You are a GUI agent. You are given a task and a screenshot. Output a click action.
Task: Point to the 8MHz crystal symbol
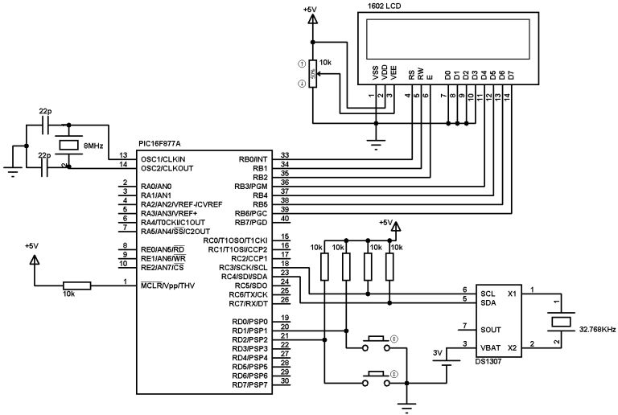tap(69, 145)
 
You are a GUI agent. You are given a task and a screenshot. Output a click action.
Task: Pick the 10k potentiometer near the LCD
tap(315, 75)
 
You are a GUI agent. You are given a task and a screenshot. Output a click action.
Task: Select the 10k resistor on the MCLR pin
tap(77, 284)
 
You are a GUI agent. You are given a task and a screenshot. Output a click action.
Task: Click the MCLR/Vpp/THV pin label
tap(167, 286)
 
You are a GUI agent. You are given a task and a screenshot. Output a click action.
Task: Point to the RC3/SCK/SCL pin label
tap(245, 267)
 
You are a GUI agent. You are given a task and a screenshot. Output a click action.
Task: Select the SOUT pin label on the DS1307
tap(489, 329)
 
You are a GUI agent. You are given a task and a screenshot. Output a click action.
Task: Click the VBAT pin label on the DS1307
tap(489, 348)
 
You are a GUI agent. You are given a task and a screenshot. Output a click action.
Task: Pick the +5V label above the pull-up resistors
tap(386, 223)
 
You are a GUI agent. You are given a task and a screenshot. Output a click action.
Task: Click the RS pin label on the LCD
tap(410, 75)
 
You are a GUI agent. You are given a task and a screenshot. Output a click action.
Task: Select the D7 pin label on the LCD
tap(511, 75)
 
